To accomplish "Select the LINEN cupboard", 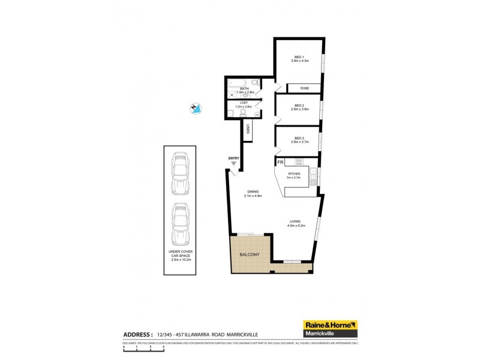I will pos(248,130).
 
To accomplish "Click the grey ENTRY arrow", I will pos(234,163).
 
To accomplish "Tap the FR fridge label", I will pos(280,162).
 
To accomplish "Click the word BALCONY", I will pos(250,254).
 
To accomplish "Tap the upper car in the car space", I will pos(179,175).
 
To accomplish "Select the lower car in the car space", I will pos(179,223).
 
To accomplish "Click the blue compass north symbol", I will pos(194,108).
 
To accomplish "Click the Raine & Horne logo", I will pos(331,328).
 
